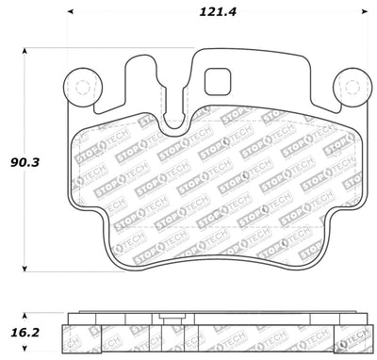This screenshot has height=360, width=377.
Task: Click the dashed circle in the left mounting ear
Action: click(x=80, y=88)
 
